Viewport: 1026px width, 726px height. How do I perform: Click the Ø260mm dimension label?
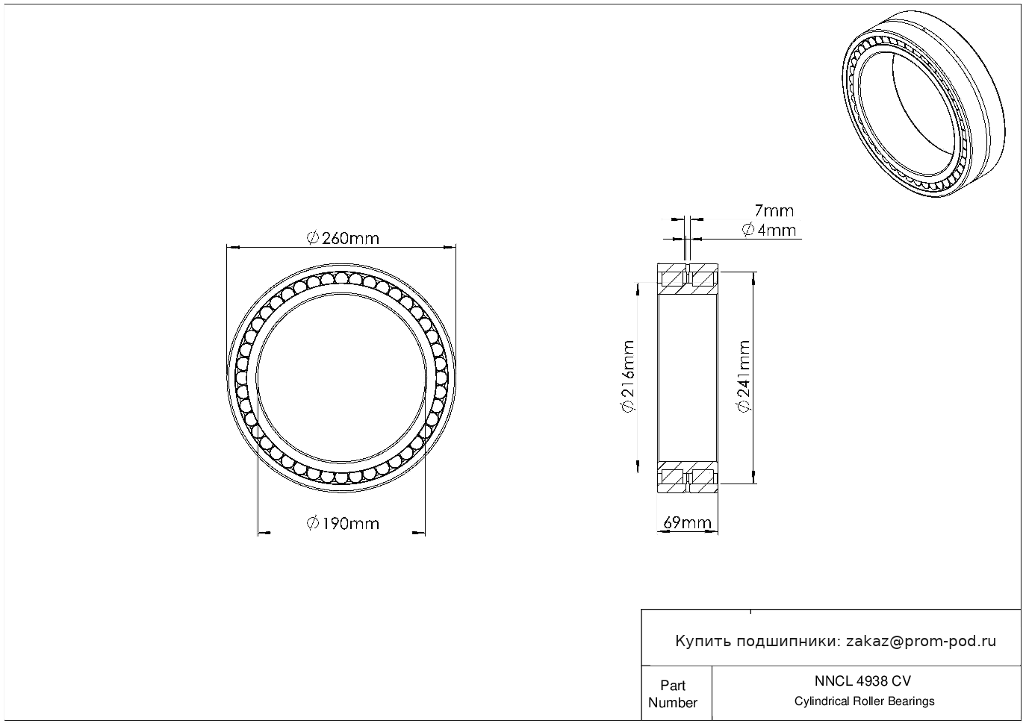pyautogui.click(x=343, y=239)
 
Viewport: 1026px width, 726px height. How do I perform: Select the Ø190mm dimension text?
pyautogui.click(x=343, y=523)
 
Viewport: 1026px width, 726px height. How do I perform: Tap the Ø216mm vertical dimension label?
pyautogui.click(x=628, y=376)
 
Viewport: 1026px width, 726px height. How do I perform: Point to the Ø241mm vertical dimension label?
pyautogui.click(x=744, y=376)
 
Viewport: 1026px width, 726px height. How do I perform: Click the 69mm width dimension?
pyautogui.click(x=687, y=522)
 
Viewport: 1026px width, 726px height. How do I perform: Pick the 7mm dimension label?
pyautogui.click(x=774, y=211)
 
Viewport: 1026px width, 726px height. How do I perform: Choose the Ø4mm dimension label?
pyautogui.click(x=768, y=230)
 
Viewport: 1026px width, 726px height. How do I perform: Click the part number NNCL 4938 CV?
pyautogui.click(x=862, y=681)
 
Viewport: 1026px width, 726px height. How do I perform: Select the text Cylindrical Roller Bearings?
pyautogui.click(x=864, y=701)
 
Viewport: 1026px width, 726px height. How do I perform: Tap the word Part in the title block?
pyautogui.click(x=672, y=685)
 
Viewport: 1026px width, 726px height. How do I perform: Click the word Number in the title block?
pyautogui.click(x=672, y=703)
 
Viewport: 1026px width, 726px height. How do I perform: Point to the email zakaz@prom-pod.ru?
pyautogui.click(x=921, y=642)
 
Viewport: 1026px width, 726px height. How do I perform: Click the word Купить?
pyautogui.click(x=703, y=642)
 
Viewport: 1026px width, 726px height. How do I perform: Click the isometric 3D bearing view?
pyautogui.click(x=924, y=104)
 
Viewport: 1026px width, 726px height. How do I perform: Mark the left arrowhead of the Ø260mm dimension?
pyautogui.click(x=233, y=248)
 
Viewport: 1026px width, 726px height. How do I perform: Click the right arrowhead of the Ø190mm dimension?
pyautogui.click(x=419, y=532)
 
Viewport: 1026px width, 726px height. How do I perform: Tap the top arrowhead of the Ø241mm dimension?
pyautogui.click(x=754, y=278)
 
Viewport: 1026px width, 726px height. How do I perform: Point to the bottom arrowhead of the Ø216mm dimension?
pyautogui.click(x=638, y=466)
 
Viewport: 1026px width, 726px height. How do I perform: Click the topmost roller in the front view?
pyautogui.click(x=341, y=278)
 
